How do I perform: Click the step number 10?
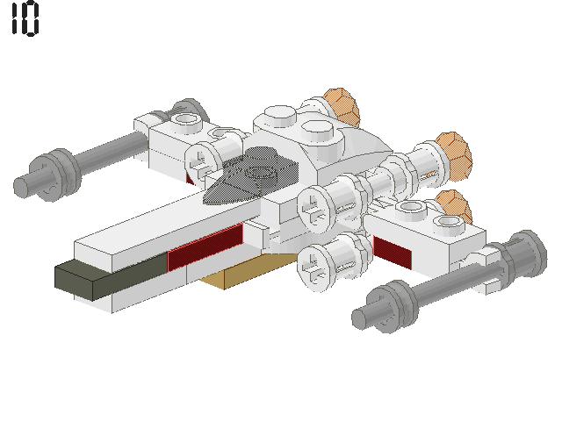(25, 18)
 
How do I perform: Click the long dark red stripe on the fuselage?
(205, 246)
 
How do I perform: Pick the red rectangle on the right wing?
(392, 252)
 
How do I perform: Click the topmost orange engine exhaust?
(342, 107)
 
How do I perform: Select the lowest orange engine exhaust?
(455, 207)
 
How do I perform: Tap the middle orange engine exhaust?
(453, 156)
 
